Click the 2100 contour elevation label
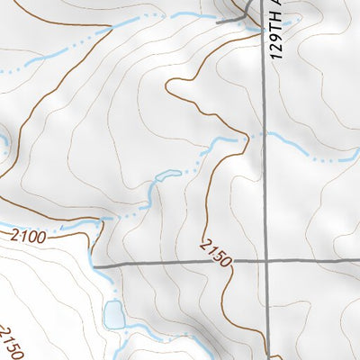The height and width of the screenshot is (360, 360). (x=29, y=237)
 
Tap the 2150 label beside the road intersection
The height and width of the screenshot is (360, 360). (x=217, y=253)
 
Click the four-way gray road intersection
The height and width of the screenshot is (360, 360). (x=266, y=261)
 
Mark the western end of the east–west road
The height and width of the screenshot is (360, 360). (x=94, y=266)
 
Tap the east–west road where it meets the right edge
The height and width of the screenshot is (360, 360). (x=358, y=260)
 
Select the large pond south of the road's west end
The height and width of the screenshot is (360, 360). (x=114, y=315)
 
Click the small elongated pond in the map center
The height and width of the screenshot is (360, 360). (x=167, y=175)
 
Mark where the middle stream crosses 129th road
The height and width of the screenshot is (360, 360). (x=265, y=136)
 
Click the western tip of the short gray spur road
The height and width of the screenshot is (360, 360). (x=216, y=21)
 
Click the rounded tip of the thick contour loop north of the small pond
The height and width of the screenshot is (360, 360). (x=168, y=83)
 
